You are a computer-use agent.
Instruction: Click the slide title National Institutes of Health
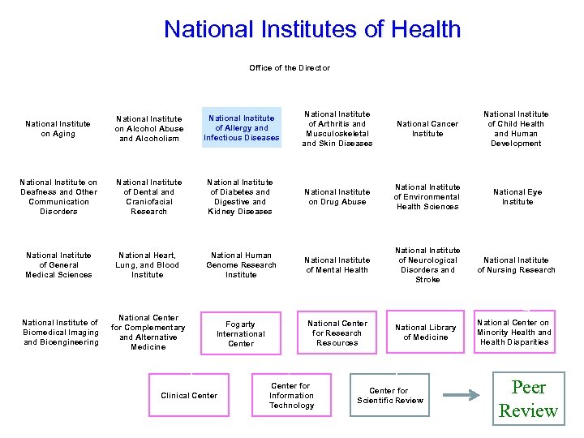312,30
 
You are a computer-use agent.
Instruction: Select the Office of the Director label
290,68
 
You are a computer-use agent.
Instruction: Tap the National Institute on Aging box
58,129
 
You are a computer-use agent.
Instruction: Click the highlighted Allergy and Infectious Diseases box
242,128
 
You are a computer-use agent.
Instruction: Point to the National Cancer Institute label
427,129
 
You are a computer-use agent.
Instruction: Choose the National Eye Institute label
517,197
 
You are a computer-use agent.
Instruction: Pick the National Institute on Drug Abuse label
337,197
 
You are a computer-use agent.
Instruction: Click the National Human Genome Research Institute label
242,265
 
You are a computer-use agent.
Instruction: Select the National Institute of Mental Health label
337,265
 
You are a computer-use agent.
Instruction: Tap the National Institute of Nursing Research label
517,265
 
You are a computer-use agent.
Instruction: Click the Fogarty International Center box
241,333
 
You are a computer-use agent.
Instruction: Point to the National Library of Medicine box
426,333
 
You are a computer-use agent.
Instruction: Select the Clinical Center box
189,396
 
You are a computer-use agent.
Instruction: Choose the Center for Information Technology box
292,396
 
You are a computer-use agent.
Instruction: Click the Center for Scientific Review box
390,396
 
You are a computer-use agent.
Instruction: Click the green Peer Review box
528,398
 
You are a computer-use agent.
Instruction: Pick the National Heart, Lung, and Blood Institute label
148,265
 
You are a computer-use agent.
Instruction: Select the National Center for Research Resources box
337,333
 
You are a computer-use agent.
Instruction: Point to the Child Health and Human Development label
516,129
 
